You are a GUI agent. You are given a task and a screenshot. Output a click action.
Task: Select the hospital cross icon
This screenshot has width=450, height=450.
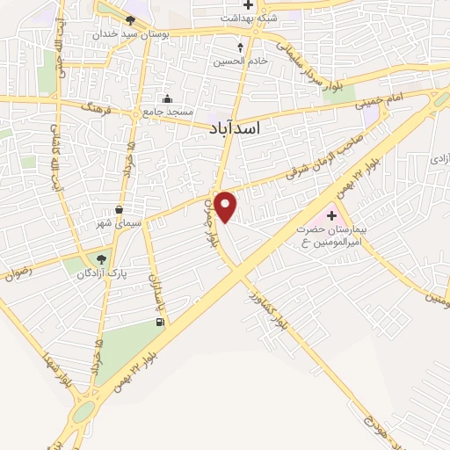(x=332, y=214)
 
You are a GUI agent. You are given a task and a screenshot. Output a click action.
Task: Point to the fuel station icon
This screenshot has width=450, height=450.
(x=159, y=323)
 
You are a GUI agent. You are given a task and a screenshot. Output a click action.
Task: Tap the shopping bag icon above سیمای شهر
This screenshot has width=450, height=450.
(x=119, y=209)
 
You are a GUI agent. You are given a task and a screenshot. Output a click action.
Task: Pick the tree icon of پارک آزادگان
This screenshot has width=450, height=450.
(x=102, y=259)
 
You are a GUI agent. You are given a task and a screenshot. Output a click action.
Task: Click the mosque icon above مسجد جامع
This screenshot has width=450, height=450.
(x=167, y=98)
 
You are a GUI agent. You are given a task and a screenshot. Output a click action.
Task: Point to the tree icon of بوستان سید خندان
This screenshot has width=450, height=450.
(x=130, y=20)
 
